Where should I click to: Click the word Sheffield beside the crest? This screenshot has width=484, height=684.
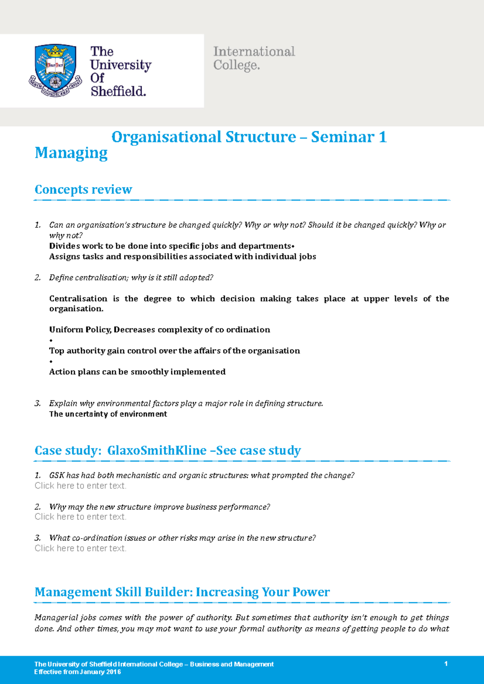[118, 91]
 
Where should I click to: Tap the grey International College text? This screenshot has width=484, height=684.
[254, 58]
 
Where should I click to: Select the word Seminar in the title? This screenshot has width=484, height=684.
[342, 137]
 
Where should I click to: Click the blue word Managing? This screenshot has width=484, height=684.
[71, 153]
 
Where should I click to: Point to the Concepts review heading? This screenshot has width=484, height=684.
[83, 189]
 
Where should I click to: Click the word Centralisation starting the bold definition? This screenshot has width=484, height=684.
[78, 298]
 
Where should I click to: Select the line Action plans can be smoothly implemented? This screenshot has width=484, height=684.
[137, 372]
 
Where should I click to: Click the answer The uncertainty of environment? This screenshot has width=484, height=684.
[108, 414]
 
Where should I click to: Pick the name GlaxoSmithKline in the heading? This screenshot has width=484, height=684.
[156, 450]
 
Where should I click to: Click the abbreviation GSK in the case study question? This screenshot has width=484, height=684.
[57, 475]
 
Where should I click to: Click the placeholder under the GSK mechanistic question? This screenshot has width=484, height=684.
[80, 486]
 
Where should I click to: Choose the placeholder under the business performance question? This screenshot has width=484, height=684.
[80, 517]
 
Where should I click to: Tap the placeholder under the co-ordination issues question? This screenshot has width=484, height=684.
[80, 548]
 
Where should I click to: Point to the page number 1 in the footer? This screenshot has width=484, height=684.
[446, 664]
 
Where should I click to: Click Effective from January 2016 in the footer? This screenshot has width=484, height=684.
[77, 672]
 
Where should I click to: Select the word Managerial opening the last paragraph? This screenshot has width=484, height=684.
[56, 618]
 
